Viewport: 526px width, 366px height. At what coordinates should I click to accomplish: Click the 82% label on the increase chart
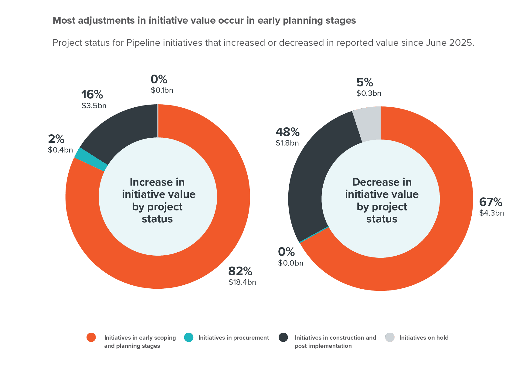(x=240, y=271)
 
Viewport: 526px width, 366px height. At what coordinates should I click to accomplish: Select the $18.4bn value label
(x=242, y=282)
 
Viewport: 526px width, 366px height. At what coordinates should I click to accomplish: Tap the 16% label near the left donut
(x=92, y=95)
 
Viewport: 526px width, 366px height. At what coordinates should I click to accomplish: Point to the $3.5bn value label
(x=94, y=106)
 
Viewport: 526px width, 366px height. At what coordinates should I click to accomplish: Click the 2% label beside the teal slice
(x=56, y=139)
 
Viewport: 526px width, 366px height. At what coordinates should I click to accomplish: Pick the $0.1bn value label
(x=162, y=90)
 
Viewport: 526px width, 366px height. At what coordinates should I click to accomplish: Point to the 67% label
(x=490, y=202)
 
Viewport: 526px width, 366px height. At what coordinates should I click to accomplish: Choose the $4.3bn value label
(x=491, y=213)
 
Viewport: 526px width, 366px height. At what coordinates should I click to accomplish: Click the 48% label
(x=287, y=132)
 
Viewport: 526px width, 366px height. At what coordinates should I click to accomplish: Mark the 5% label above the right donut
(x=365, y=82)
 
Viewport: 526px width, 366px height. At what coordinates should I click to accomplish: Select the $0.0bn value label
(x=290, y=263)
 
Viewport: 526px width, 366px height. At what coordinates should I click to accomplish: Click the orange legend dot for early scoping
(x=91, y=337)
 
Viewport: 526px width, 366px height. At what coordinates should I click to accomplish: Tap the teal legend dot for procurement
(x=189, y=337)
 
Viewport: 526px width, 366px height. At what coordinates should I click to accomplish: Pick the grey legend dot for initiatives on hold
(x=390, y=337)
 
